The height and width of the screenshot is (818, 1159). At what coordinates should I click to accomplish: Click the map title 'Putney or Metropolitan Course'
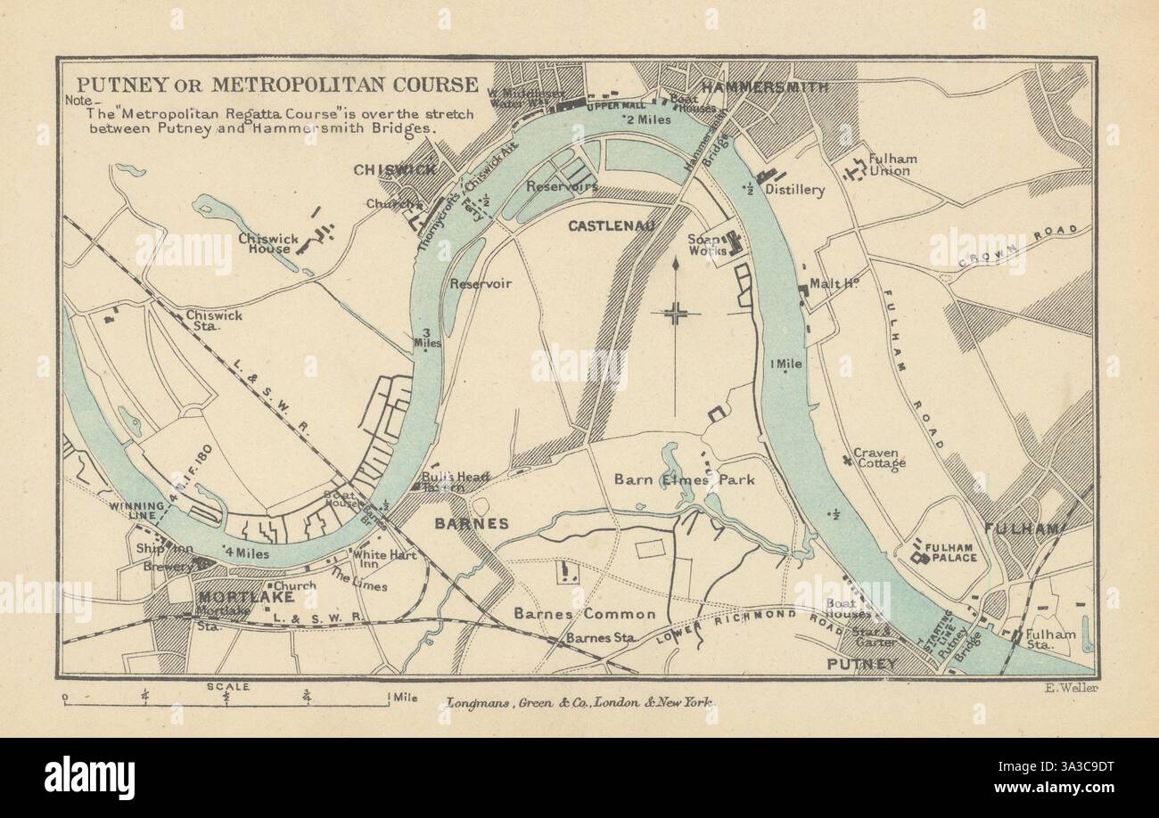[x=276, y=85]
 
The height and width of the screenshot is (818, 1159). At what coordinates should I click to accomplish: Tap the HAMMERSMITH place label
[x=764, y=87]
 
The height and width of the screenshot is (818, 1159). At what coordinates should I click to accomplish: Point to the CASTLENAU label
[x=612, y=226]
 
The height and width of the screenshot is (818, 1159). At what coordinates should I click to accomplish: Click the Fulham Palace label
[x=950, y=552]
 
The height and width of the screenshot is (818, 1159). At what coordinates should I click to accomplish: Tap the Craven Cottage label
[x=879, y=458]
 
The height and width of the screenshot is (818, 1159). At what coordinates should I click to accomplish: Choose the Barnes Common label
[x=584, y=614]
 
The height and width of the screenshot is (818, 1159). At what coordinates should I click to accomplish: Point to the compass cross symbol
[x=675, y=312]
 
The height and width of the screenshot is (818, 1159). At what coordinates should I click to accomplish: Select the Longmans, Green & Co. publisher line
[x=579, y=703]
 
